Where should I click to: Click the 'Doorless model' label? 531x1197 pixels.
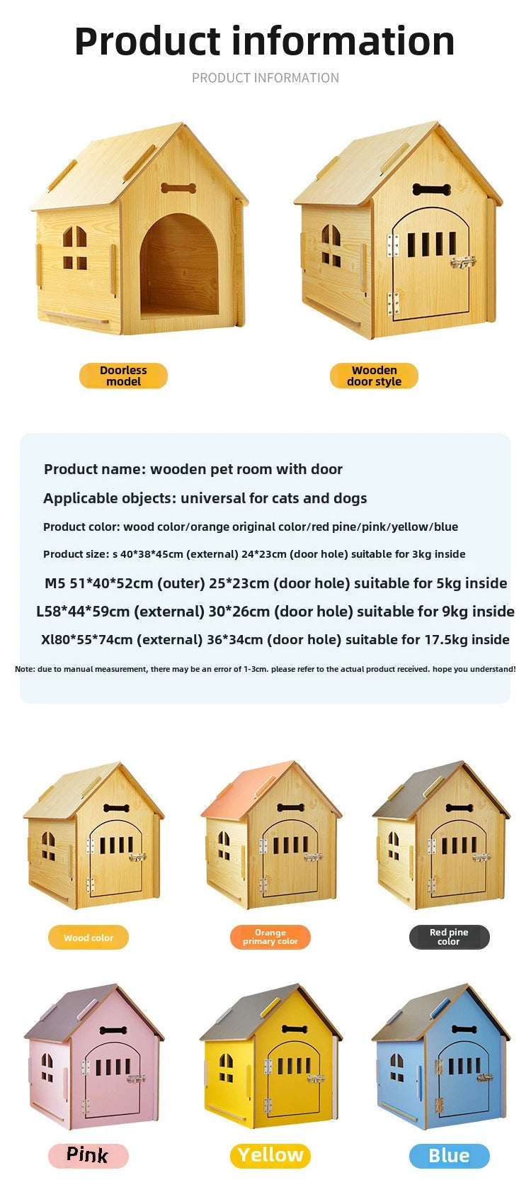tap(123, 376)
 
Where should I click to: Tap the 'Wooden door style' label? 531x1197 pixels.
tap(374, 376)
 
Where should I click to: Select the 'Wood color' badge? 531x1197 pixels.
tap(88, 938)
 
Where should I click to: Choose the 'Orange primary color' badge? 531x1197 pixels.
tap(270, 937)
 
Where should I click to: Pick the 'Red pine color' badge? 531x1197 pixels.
tap(449, 937)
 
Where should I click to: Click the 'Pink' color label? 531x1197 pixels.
tap(88, 1155)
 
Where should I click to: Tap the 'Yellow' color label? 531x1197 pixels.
tap(270, 1155)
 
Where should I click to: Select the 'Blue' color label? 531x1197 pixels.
tap(449, 1156)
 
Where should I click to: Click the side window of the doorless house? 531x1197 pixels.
tap(75, 248)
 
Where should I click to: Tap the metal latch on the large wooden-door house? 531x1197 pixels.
tap(463, 262)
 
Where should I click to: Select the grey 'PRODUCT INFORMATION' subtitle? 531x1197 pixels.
tap(265, 78)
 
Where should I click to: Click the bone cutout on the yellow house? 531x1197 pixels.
tap(294, 1029)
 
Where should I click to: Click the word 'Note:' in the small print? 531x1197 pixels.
tap(25, 669)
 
